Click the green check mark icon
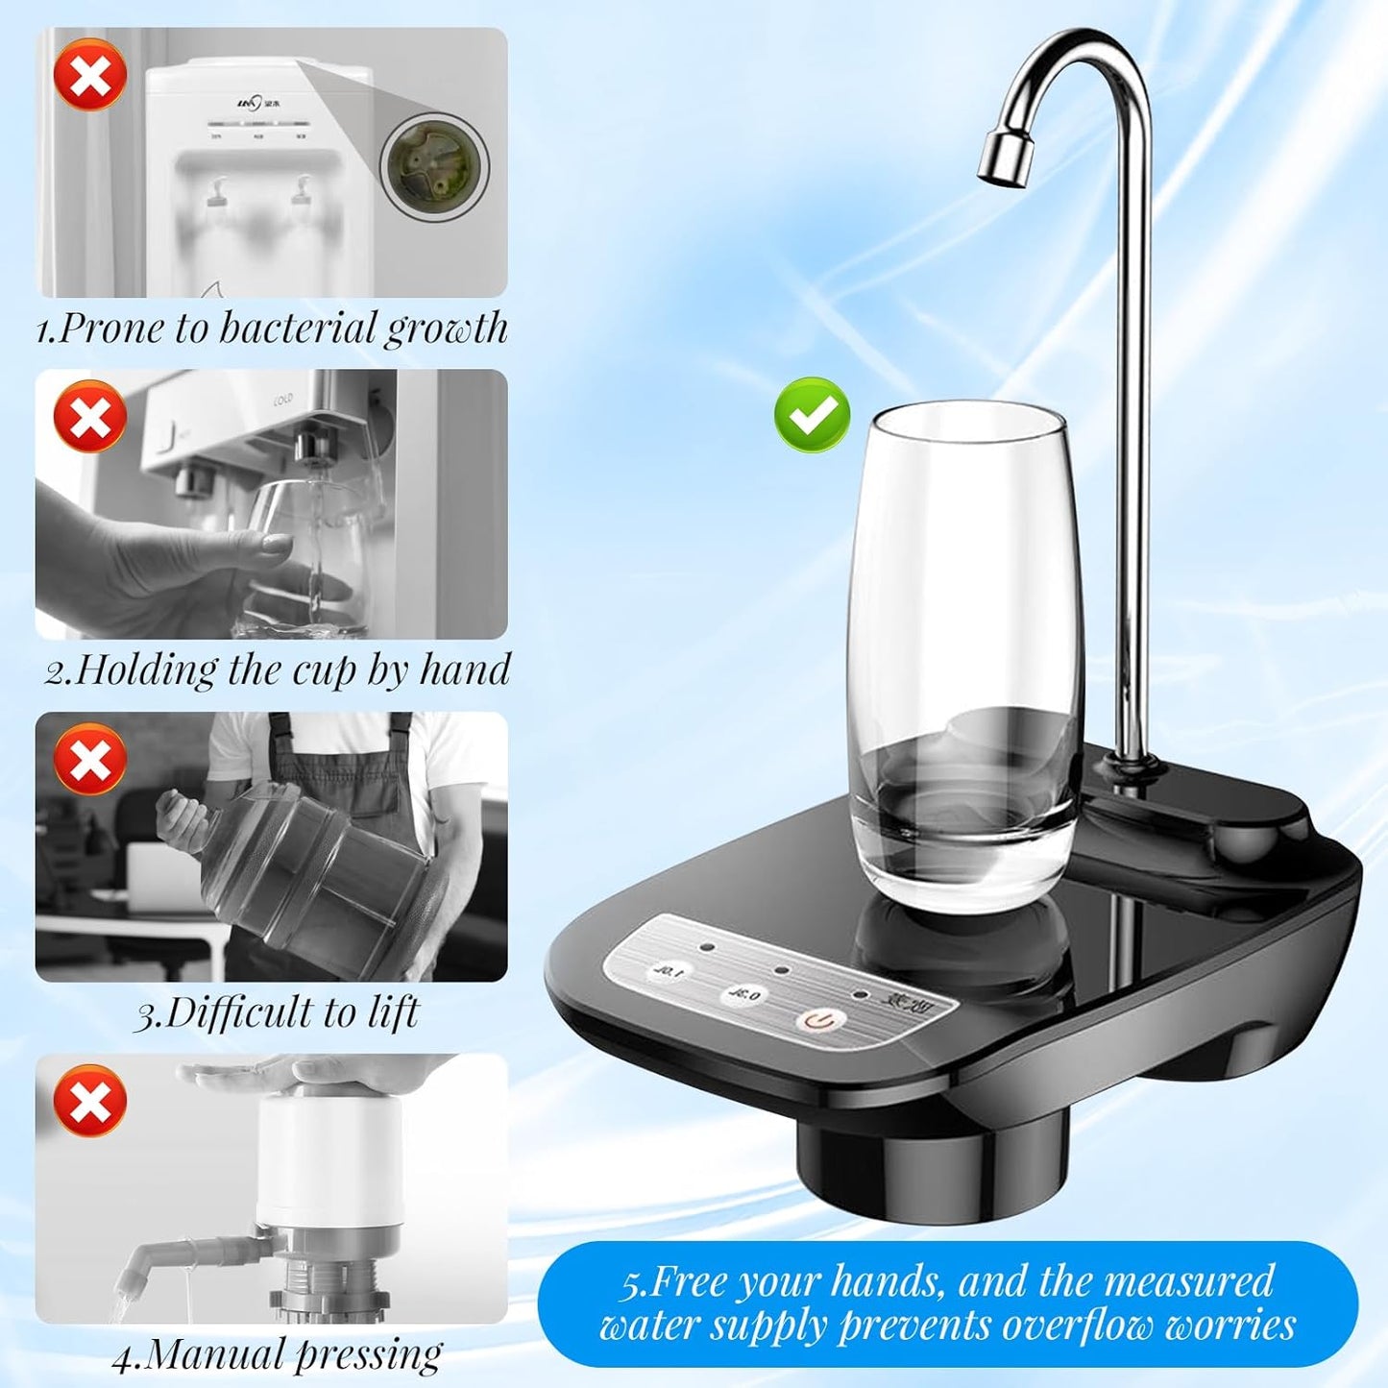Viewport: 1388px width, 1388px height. coord(812,415)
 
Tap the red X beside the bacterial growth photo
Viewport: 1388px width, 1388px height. coord(90,74)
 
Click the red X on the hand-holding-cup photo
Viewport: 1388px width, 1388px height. coord(90,416)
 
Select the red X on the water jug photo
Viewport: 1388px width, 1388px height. coord(90,759)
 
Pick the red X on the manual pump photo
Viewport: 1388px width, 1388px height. coord(90,1100)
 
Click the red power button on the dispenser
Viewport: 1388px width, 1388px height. coord(816,1019)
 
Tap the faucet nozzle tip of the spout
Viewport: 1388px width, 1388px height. coord(1004,159)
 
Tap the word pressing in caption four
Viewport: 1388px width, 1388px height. coord(369,1354)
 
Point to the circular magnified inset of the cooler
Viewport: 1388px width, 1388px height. coord(434,165)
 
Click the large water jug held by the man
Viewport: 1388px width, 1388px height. coord(307,869)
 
